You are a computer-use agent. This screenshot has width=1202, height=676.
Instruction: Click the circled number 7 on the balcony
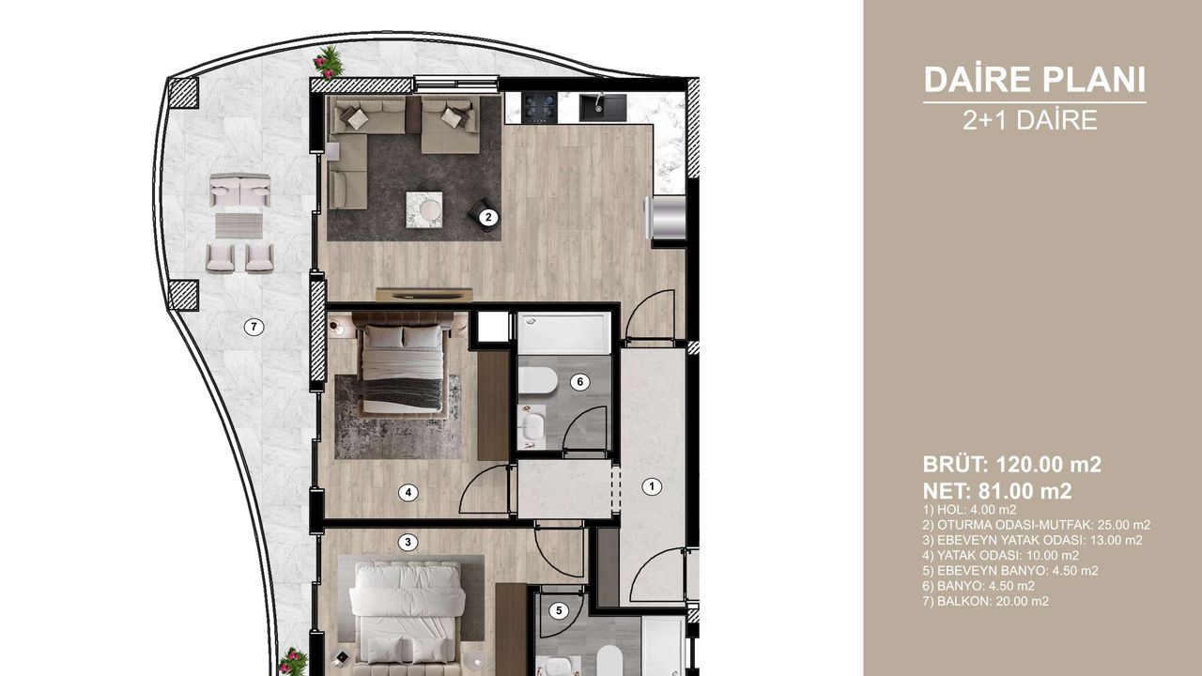click(x=254, y=326)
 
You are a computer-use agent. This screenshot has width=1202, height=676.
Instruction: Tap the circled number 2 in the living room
click(x=488, y=217)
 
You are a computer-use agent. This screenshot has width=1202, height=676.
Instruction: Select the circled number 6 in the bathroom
click(x=579, y=382)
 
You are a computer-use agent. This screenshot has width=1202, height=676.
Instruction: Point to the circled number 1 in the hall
click(x=652, y=486)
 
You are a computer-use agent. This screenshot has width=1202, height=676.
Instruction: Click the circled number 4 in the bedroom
click(x=408, y=492)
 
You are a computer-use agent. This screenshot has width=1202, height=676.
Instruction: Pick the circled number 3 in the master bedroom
click(x=408, y=542)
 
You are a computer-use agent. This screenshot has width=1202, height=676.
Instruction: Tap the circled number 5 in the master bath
click(x=559, y=610)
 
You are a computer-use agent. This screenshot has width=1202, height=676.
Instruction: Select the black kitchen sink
click(x=603, y=107)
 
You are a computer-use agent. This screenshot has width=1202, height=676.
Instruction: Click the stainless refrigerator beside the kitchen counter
click(x=666, y=217)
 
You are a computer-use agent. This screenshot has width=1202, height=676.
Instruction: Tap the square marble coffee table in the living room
click(x=424, y=209)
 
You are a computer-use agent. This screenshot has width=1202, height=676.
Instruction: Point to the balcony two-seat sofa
click(x=239, y=190)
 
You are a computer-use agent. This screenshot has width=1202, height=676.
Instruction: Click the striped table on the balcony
click(x=239, y=225)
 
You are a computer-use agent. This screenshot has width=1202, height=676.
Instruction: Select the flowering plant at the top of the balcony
click(x=329, y=61)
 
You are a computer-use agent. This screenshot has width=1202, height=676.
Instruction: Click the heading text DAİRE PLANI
click(x=1035, y=80)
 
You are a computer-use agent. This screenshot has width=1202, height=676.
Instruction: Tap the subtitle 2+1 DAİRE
click(x=1030, y=120)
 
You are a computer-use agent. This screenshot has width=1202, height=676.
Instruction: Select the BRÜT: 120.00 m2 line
click(x=1012, y=464)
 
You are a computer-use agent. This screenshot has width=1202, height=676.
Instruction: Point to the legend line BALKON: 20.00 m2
click(x=986, y=601)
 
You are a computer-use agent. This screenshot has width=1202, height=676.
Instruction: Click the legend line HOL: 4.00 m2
click(x=970, y=509)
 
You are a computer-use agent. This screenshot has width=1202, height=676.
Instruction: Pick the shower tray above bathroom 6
click(x=564, y=333)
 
